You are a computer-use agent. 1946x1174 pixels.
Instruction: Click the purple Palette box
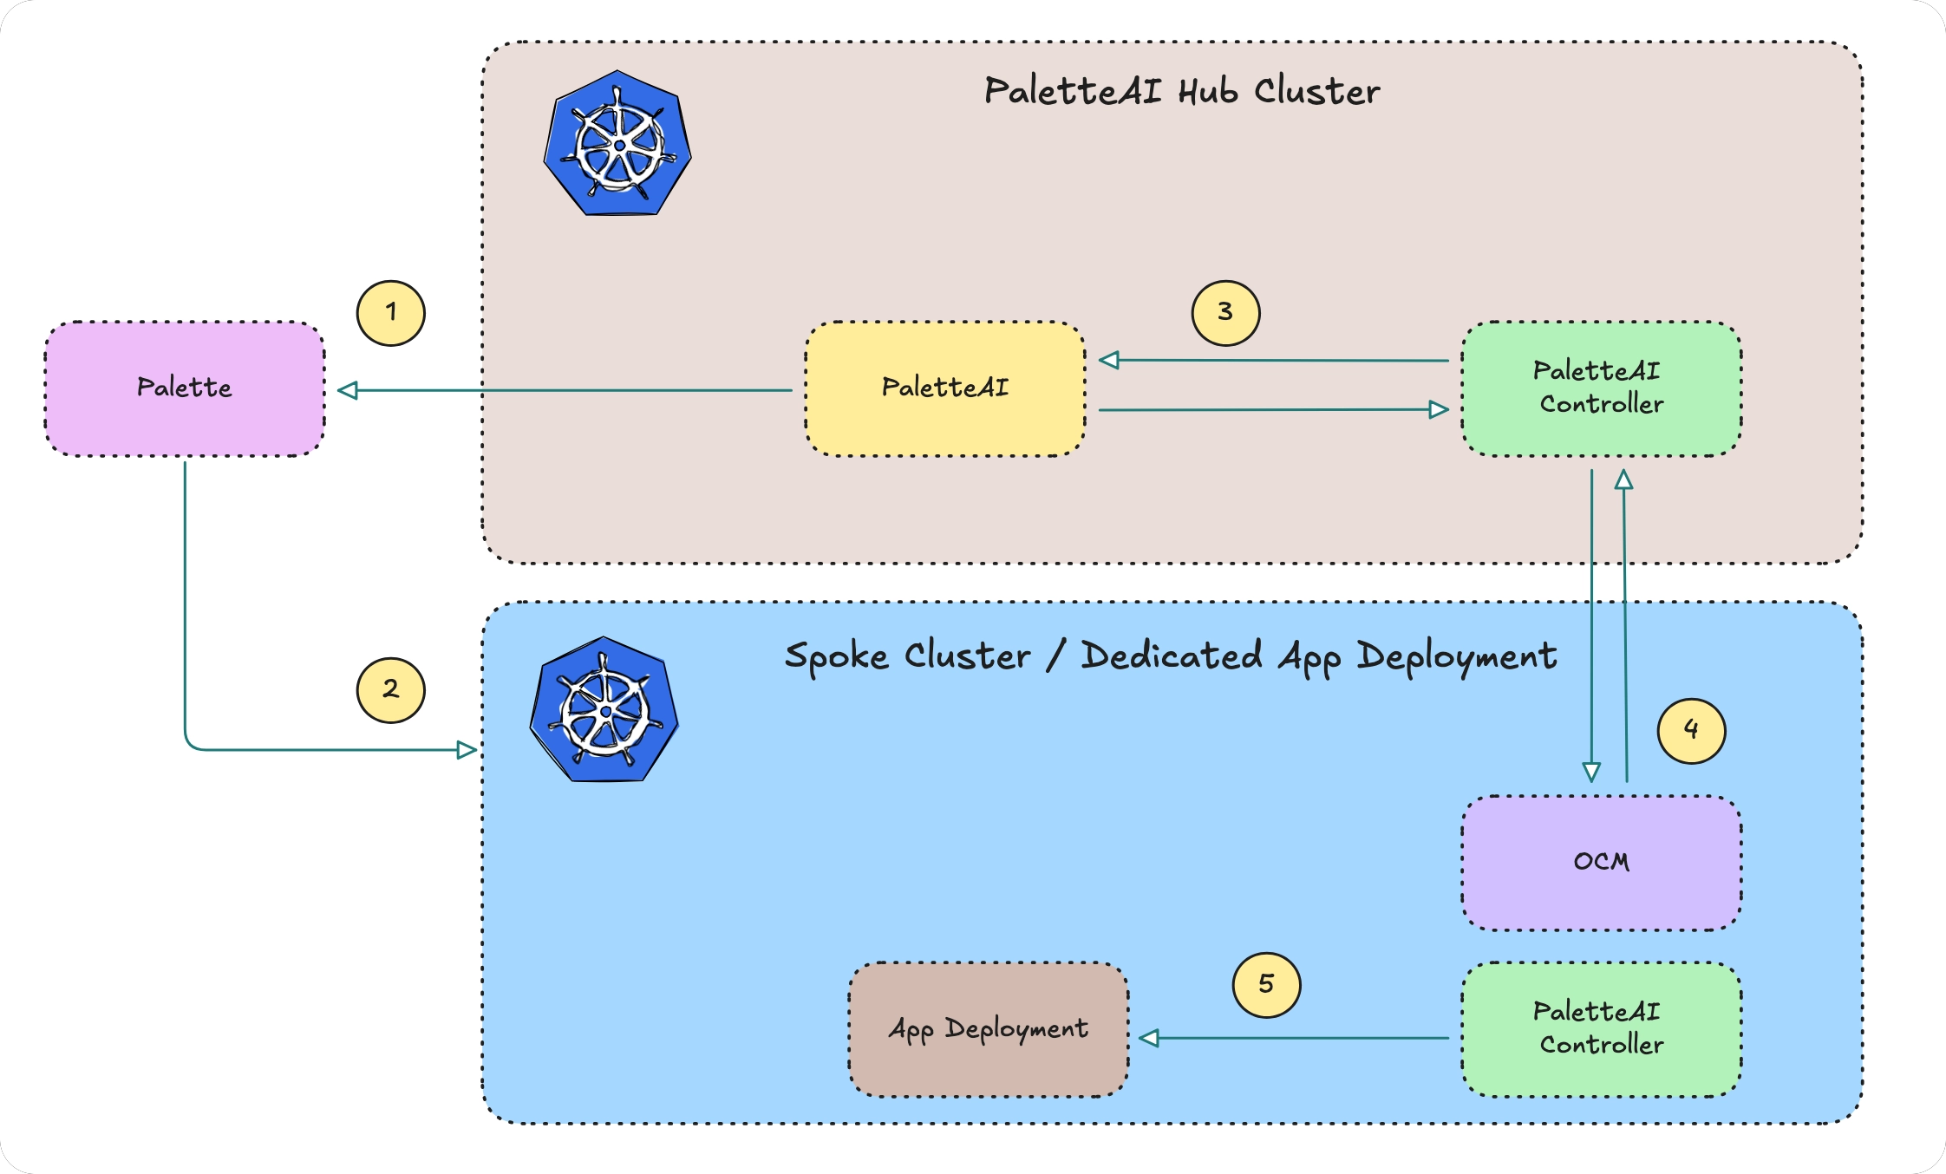pos(185,388)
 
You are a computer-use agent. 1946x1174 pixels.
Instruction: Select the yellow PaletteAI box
pos(945,388)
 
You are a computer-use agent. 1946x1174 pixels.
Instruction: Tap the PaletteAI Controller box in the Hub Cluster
pos(1601,388)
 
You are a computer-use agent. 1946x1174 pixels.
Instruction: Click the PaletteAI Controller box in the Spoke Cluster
pos(1601,1029)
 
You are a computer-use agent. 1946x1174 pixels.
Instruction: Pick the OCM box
pos(1601,863)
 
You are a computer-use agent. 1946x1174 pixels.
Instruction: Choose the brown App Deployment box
pos(988,1029)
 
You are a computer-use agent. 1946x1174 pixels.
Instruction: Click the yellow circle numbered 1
pos(391,312)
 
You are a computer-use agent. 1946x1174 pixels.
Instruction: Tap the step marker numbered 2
pos(391,690)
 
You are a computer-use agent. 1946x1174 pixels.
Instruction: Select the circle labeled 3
pos(1225,312)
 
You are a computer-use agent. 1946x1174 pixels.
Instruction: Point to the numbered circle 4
pos(1691,730)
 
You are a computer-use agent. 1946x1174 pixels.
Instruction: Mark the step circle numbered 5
pos(1266,984)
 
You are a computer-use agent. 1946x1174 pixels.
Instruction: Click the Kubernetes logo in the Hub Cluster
pos(617,144)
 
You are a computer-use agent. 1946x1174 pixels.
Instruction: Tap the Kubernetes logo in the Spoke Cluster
pos(604,710)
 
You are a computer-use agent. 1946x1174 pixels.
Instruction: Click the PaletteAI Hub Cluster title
pos(1181,91)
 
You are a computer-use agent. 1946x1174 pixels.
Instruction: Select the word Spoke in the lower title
pos(836,656)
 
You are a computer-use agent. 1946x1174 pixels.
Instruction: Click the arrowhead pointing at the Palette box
pos(348,391)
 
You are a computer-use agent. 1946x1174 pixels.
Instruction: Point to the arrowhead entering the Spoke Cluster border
pos(467,750)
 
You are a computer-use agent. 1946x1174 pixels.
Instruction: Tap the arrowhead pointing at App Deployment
pos(1149,1038)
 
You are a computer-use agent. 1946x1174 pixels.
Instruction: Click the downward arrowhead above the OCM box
pos(1591,772)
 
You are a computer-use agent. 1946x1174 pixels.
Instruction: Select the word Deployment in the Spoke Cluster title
pos(1457,656)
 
